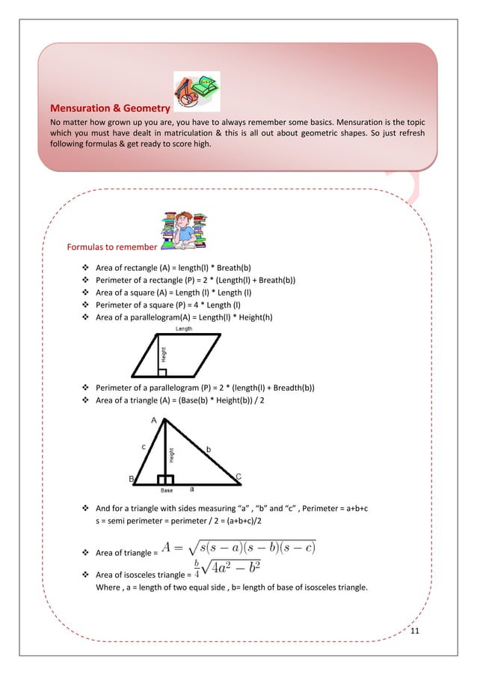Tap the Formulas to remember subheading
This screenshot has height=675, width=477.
[111, 247]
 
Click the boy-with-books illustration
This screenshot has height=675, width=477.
[182, 230]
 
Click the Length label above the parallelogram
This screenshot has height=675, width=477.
[185, 329]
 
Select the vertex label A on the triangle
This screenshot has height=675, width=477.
[154, 421]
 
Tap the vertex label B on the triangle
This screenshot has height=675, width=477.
[132, 478]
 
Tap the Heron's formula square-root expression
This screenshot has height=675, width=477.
[240, 548]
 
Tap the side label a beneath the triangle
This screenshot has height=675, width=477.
[191, 487]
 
